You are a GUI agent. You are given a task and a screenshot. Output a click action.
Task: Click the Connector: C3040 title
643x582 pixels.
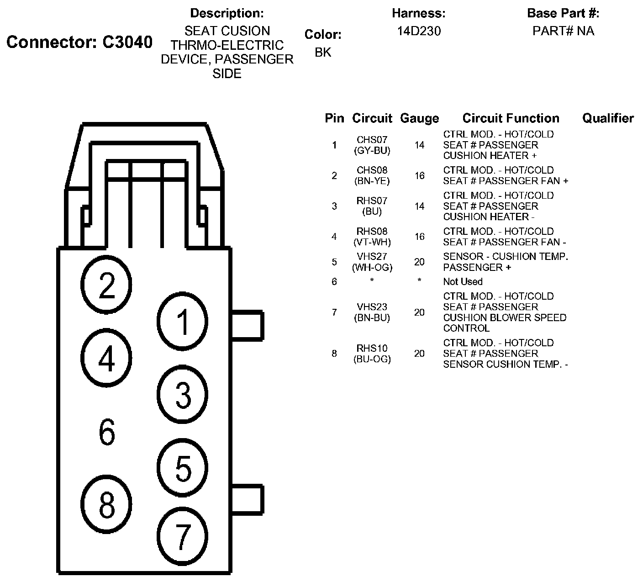coord(79,42)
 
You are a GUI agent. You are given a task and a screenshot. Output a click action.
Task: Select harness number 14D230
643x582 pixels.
coord(419,31)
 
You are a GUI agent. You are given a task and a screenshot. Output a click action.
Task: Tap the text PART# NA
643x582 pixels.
coord(563,31)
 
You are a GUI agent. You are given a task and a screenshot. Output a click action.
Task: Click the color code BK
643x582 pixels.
coord(323,52)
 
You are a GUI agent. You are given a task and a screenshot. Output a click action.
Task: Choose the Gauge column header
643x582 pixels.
coord(420,118)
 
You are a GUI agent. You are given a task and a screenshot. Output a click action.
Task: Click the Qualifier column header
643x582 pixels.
coord(608,118)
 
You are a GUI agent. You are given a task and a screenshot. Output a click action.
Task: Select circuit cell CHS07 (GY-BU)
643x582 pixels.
coord(372,145)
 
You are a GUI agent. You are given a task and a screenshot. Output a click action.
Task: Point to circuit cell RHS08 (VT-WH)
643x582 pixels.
coord(372,237)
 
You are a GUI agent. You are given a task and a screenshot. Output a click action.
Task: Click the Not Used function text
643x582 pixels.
coord(463,281)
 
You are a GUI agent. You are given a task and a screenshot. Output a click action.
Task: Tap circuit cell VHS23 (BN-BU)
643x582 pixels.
coord(372,312)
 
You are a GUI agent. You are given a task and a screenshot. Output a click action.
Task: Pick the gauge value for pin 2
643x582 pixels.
coord(420,175)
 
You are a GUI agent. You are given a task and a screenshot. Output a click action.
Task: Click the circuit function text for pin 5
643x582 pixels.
coord(506,262)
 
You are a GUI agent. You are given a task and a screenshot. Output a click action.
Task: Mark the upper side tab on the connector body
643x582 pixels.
coord(248,325)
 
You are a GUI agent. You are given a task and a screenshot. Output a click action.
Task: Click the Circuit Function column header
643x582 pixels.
coord(511,118)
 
